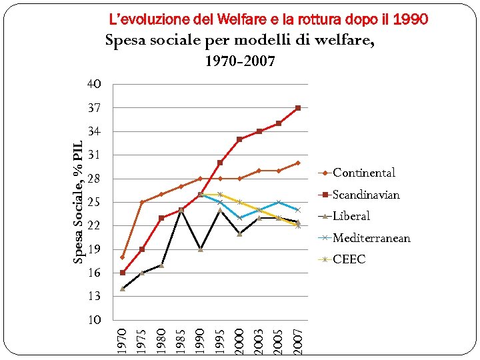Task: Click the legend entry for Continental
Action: coord(363,173)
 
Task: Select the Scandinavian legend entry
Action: coord(365,195)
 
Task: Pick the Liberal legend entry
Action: coord(351,216)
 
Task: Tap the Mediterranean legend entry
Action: coord(371,238)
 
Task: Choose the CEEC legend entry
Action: coord(349,259)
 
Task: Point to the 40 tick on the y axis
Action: coord(93,85)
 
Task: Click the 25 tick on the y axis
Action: coord(93,202)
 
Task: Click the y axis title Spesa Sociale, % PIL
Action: coord(77,202)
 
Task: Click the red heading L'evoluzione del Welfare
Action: coord(268,19)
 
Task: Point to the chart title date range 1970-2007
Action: coord(239,62)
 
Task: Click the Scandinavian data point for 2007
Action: coord(298,108)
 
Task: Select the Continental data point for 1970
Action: coord(123,257)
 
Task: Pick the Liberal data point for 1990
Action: coord(201,249)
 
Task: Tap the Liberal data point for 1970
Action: coord(123,289)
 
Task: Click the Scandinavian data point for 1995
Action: coord(220,163)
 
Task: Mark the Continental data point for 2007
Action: coord(298,163)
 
